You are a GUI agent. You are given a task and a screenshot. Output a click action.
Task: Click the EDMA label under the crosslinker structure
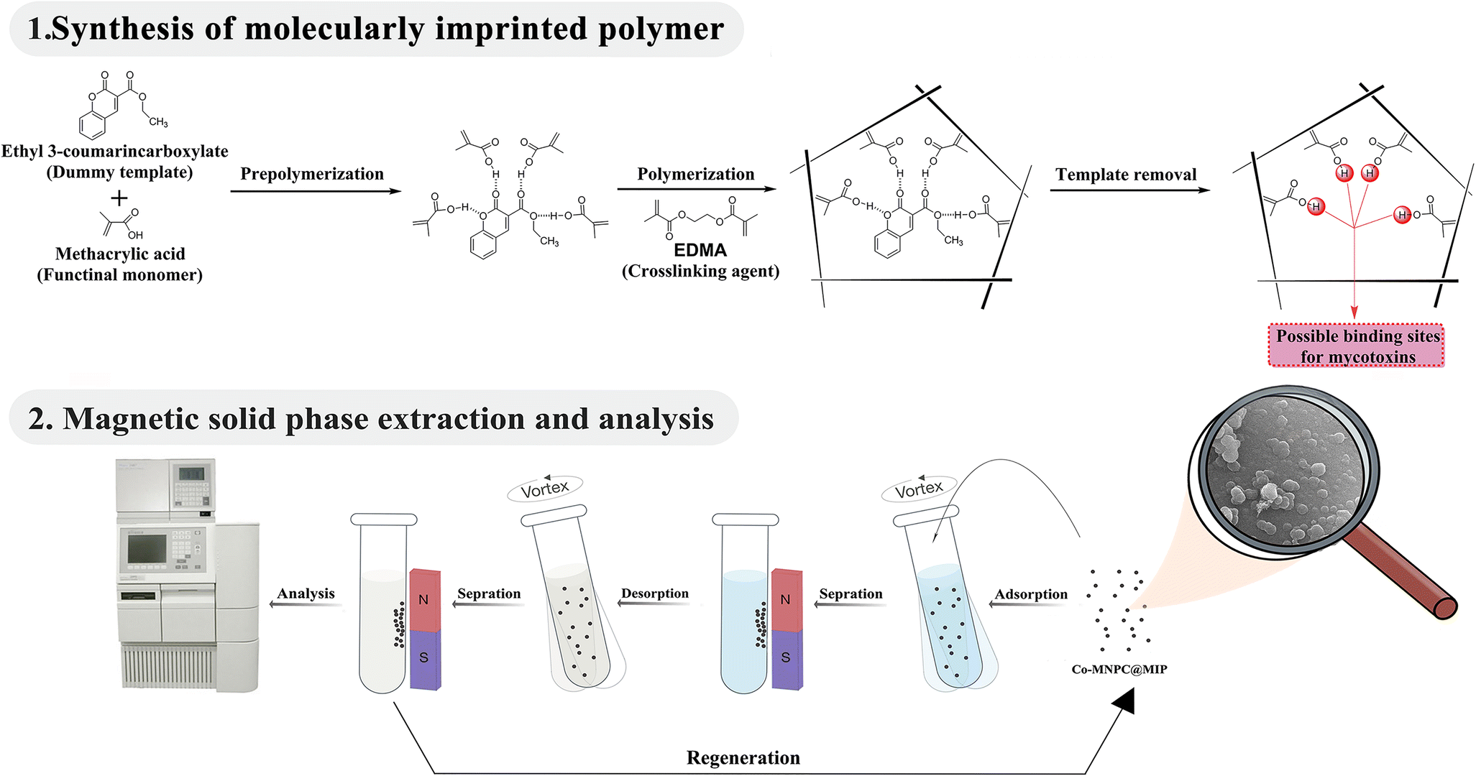pyautogui.click(x=700, y=250)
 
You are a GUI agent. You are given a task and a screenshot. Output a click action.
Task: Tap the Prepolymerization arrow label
pyautogui.click(x=312, y=174)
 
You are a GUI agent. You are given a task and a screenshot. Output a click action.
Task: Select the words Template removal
pyautogui.click(x=1126, y=175)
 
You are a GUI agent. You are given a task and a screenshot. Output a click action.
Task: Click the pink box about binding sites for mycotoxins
pyautogui.click(x=1357, y=346)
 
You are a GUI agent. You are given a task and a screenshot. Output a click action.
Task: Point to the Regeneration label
pyautogui.click(x=743, y=757)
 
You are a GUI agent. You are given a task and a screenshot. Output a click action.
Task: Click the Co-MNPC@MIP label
pyautogui.click(x=1119, y=669)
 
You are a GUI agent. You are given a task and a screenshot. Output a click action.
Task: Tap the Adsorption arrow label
pyautogui.click(x=1031, y=594)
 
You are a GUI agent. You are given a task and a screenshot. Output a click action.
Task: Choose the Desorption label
pyautogui.click(x=655, y=593)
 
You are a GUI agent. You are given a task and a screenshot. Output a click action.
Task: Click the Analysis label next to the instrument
pyautogui.click(x=306, y=593)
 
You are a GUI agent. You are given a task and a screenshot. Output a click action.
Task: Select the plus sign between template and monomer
pyautogui.click(x=119, y=198)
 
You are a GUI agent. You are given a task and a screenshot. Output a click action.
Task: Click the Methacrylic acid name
pyautogui.click(x=120, y=254)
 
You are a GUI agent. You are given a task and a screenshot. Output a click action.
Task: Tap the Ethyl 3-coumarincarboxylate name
pyautogui.click(x=115, y=151)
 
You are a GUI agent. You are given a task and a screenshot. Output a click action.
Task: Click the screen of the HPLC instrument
pyautogui.click(x=147, y=549)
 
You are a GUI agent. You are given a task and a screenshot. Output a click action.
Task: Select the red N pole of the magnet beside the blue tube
pyautogui.click(x=786, y=599)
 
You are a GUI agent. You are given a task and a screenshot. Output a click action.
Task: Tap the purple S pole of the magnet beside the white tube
pyautogui.click(x=424, y=657)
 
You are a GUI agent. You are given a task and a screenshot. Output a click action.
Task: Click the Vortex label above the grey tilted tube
pyautogui.click(x=545, y=489)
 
